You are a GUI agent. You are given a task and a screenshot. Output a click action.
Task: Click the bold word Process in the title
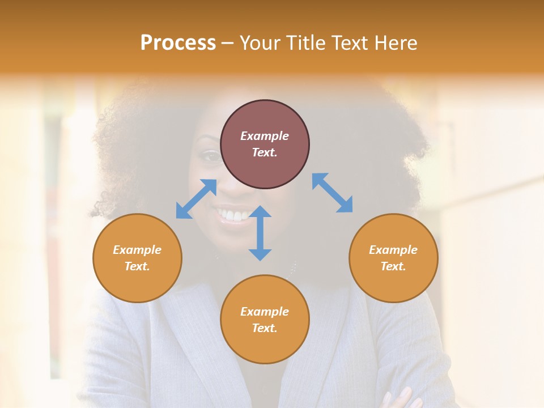pos(178,43)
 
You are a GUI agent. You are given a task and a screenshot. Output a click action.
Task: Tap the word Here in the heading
pos(395,43)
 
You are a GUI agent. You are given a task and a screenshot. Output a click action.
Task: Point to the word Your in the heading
pos(261,43)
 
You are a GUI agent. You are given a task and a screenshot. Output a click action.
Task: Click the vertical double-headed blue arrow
pos(260,233)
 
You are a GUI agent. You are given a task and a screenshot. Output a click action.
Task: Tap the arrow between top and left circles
pos(196,198)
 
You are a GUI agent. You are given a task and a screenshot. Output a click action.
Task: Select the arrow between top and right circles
pos(332,193)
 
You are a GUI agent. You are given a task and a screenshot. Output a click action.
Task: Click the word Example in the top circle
pos(265,136)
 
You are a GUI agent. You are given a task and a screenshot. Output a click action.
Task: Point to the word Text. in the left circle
pos(137,266)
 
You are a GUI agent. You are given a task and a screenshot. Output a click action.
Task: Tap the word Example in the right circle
pos(393,250)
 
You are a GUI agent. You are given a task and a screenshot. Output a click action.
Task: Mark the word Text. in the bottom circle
pos(265,328)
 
